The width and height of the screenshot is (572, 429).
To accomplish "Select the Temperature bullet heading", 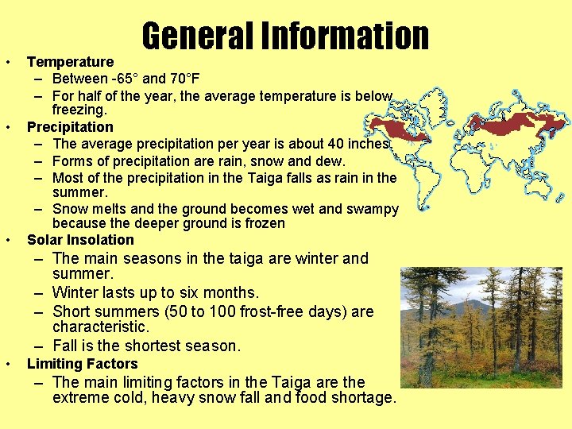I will tap(70, 61).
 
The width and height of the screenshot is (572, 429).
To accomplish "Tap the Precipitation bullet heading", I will tap(70, 126).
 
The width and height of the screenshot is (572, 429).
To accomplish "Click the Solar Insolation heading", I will tap(80, 239).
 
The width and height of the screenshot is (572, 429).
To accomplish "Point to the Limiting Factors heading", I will tap(83, 363).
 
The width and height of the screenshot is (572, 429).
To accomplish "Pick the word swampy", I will tap(373, 208).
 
